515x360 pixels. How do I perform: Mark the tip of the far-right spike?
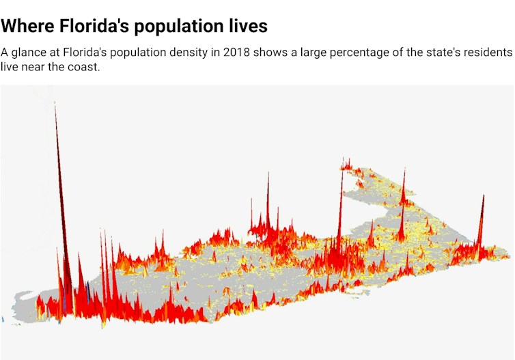click(x=484, y=195)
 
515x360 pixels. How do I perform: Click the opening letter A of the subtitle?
click(x=5, y=53)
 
